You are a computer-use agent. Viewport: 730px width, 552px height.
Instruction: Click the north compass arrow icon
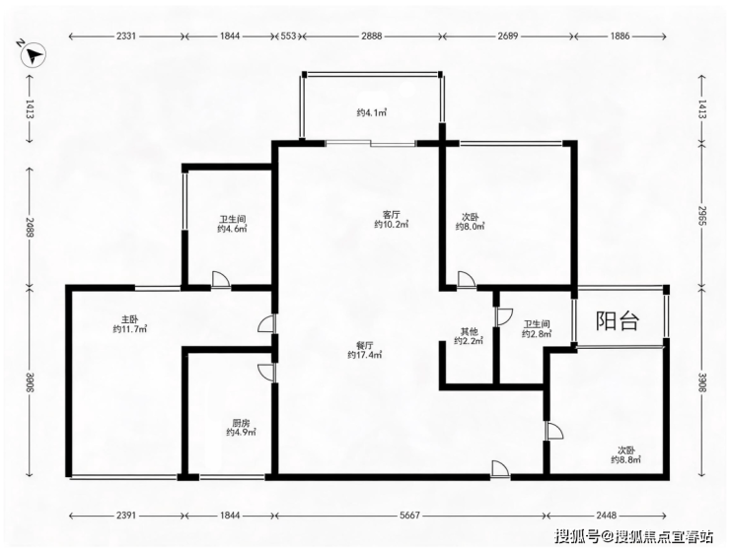point(34,56)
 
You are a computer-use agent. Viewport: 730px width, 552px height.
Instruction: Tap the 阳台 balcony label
point(618,321)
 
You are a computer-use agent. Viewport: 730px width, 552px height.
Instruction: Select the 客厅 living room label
point(391,215)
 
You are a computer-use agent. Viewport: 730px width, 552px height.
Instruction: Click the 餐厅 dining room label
point(365,346)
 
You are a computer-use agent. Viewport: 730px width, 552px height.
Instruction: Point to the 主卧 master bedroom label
point(130,319)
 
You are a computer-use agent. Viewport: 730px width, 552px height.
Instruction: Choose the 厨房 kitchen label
point(241,423)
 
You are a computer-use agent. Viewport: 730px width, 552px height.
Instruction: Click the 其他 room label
point(469,331)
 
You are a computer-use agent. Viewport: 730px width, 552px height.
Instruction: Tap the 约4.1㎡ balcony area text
point(372,112)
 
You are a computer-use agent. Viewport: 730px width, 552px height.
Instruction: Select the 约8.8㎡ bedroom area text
point(625,459)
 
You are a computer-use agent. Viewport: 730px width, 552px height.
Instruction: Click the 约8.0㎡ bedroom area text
point(470,227)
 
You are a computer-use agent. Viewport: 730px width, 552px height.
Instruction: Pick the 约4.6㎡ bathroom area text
point(232,229)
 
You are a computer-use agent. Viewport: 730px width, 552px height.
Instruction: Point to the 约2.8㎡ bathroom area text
point(537,334)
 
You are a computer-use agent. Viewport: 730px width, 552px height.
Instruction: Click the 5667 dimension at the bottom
point(409,516)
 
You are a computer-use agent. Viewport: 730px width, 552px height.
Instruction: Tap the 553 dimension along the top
point(289,35)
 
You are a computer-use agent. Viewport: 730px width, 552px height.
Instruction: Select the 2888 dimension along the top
point(372,35)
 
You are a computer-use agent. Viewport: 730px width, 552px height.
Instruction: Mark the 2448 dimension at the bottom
point(606,516)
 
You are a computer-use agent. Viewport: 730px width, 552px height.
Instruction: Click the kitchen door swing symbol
point(265,373)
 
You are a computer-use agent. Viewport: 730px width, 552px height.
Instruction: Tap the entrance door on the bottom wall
point(500,469)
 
